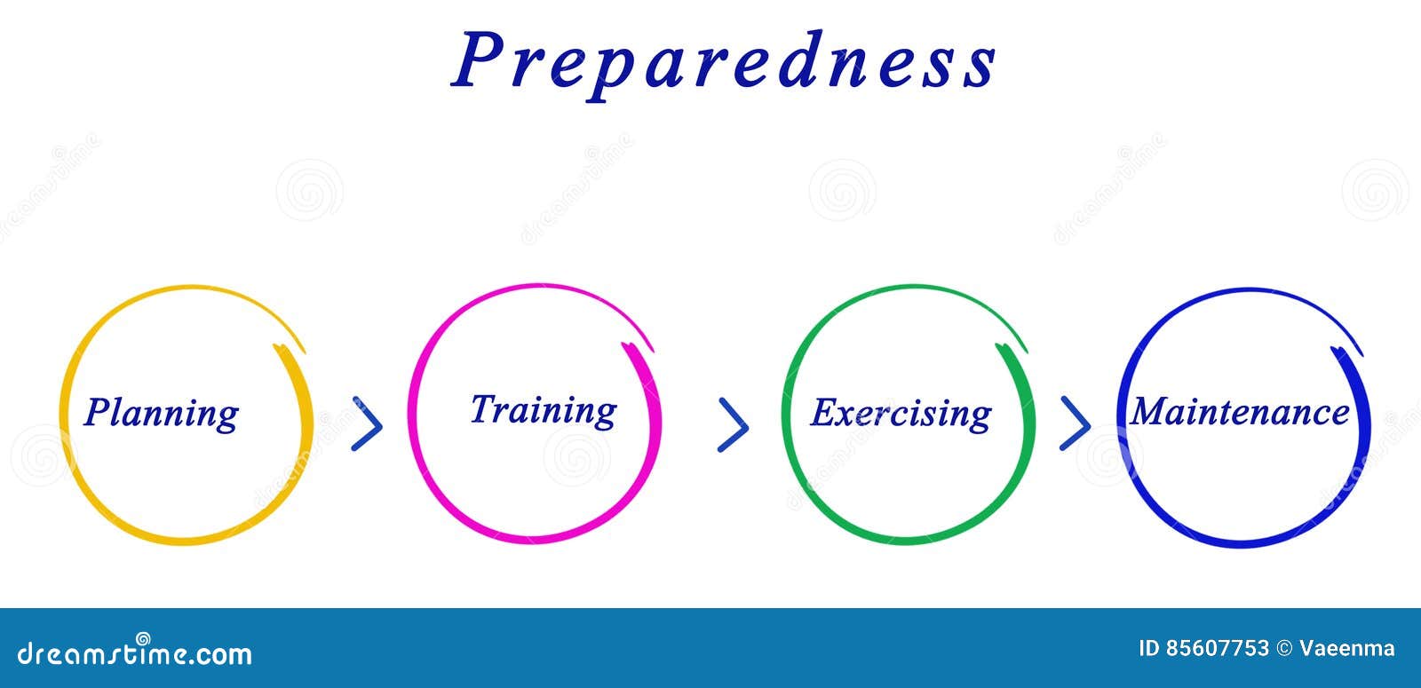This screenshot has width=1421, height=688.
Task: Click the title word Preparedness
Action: pos(724,60)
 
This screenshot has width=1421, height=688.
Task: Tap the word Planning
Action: pos(162,413)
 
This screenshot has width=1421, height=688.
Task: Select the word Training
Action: pos(543,410)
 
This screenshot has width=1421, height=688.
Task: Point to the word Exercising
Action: pos(901,413)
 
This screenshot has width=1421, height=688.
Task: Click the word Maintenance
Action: pos(1240,412)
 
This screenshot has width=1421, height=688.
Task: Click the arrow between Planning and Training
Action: pos(367,423)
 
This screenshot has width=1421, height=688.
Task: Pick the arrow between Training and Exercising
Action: pos(733,424)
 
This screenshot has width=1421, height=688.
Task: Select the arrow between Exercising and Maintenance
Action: pos(1075,423)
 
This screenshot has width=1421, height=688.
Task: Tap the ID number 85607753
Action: pos(1216,649)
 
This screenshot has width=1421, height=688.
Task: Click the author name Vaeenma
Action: pos(1347,649)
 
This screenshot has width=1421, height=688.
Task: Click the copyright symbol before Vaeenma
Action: pos(1284,649)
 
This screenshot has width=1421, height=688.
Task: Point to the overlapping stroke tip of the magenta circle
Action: pos(630,347)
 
